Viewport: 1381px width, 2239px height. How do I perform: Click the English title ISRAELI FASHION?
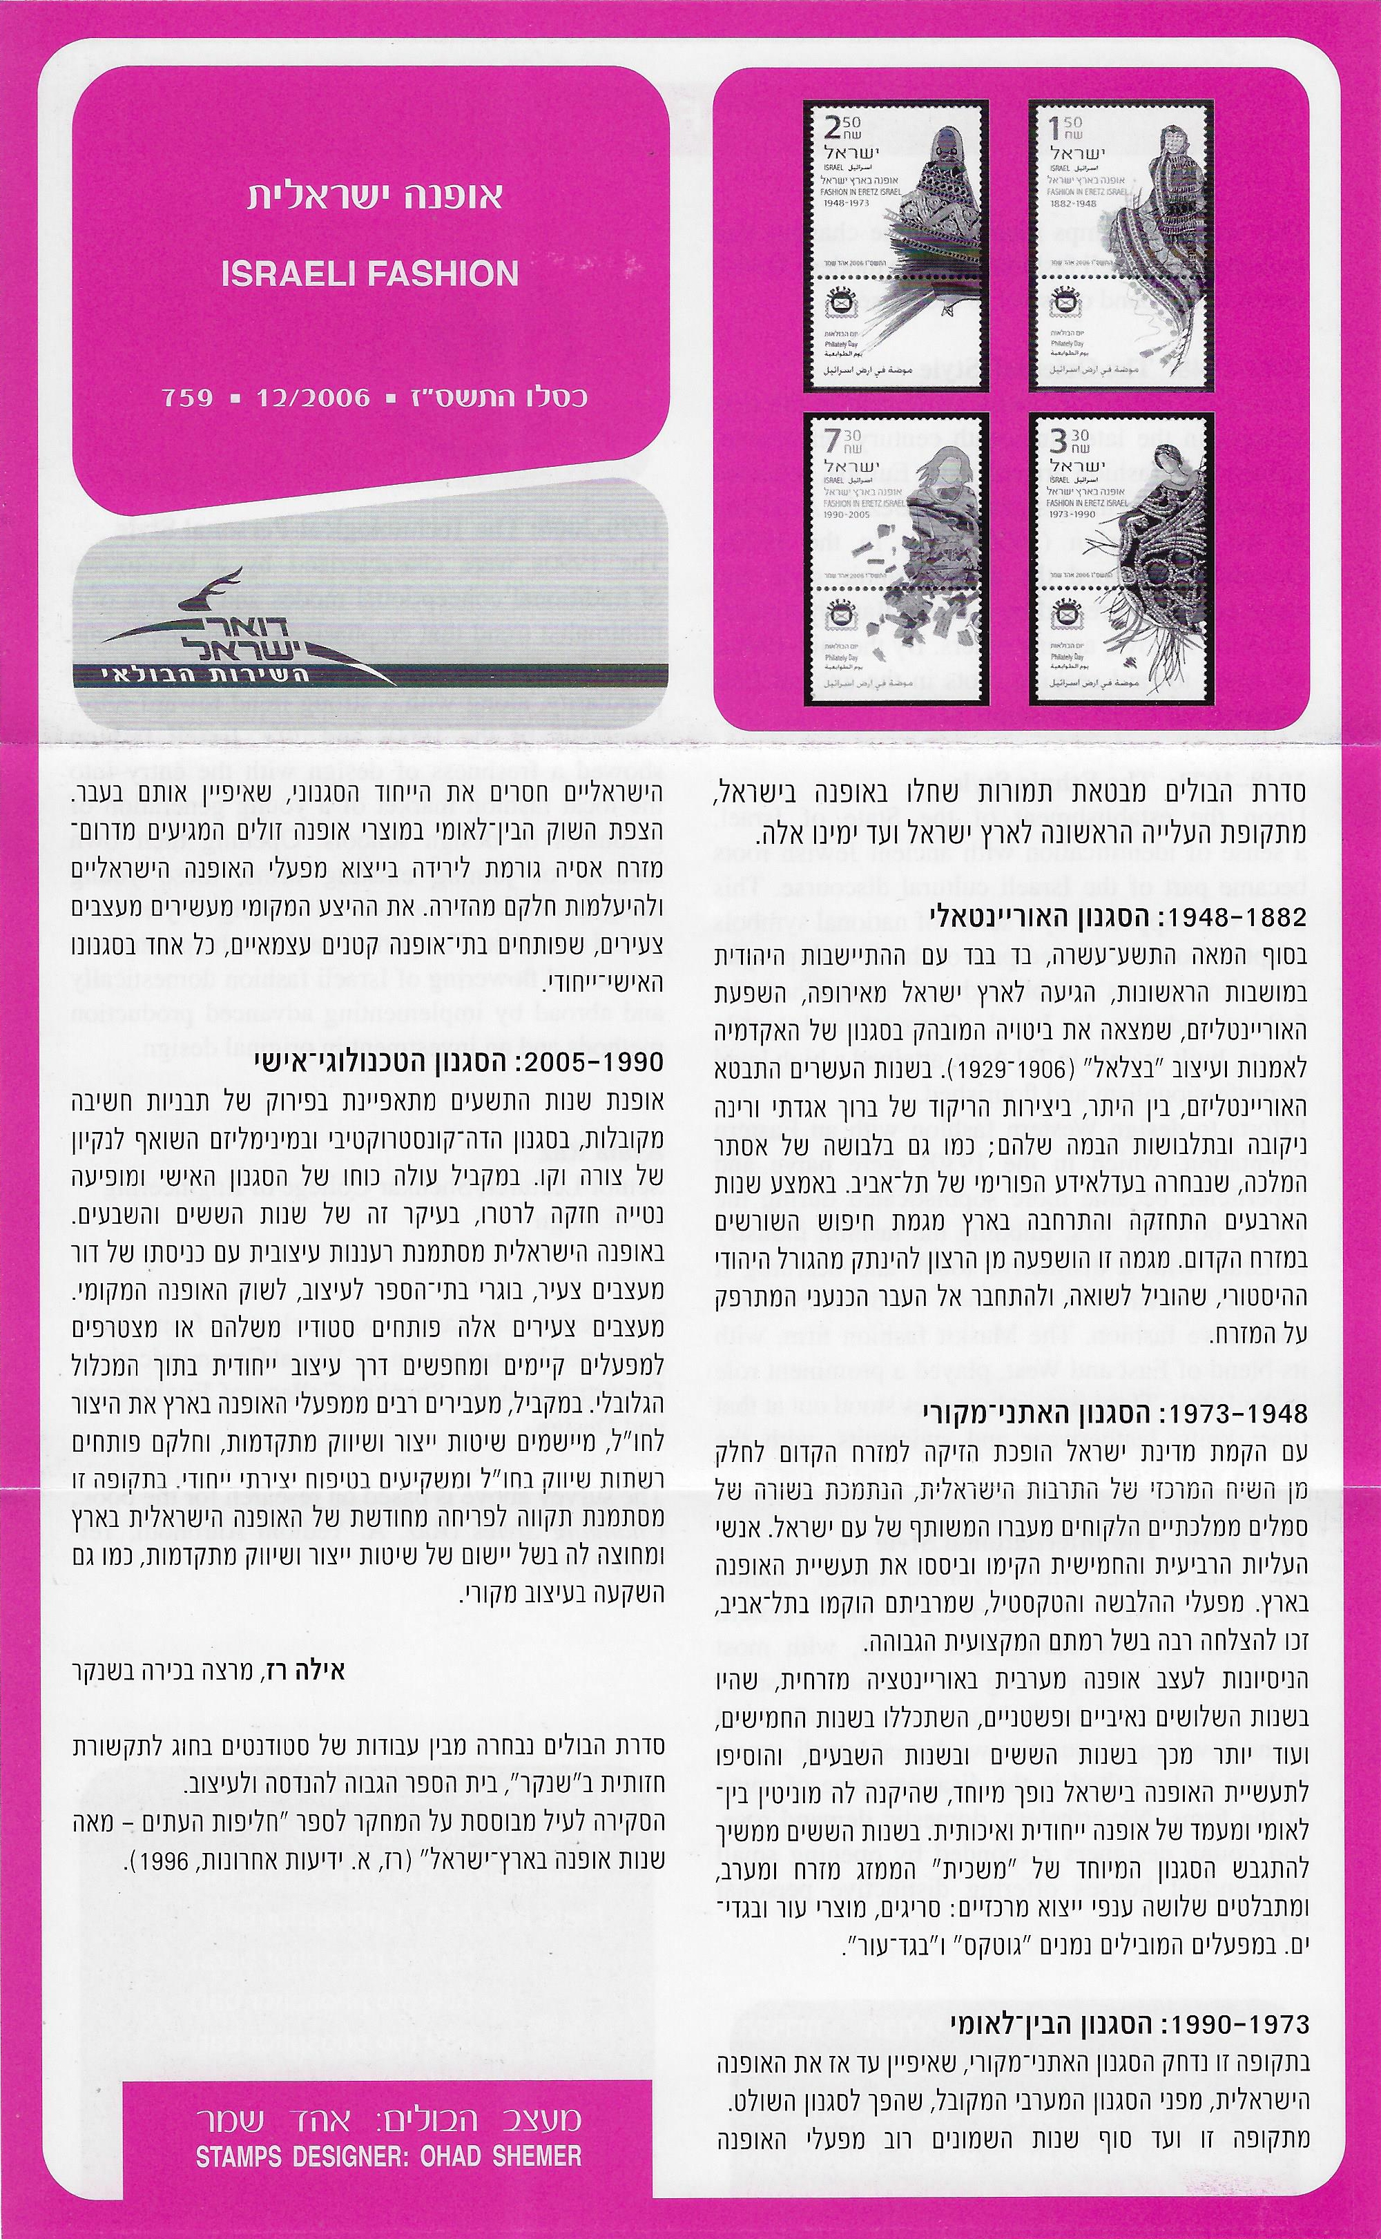coord(369,274)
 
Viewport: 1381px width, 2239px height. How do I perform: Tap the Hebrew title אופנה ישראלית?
coord(374,198)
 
